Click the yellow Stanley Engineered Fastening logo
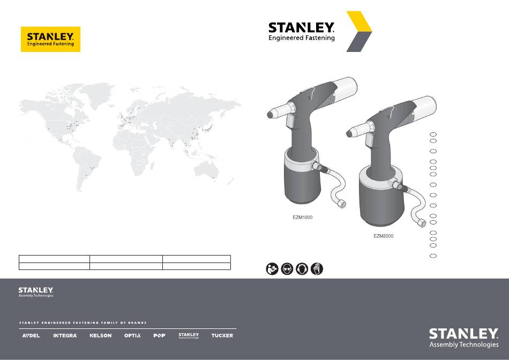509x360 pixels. point(51,39)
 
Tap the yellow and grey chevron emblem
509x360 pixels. point(359,32)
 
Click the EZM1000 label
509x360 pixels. point(303,217)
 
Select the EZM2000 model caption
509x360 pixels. point(384,236)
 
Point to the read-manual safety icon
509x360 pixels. point(272,269)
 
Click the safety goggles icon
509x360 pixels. point(287,269)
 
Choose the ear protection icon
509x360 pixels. point(302,269)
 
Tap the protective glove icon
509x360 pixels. point(317,269)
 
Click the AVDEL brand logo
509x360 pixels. point(31,336)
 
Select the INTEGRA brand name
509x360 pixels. point(65,336)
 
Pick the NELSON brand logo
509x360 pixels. point(101,336)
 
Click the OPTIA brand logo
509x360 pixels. point(132,336)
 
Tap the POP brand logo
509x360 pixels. point(159,336)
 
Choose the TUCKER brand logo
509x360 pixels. point(222,336)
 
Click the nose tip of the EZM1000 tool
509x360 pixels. point(269,115)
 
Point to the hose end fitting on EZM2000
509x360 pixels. point(422,223)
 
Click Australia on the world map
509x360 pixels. point(206,170)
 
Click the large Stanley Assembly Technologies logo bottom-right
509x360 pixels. point(463,338)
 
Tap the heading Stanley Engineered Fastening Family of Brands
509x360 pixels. point(83,323)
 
